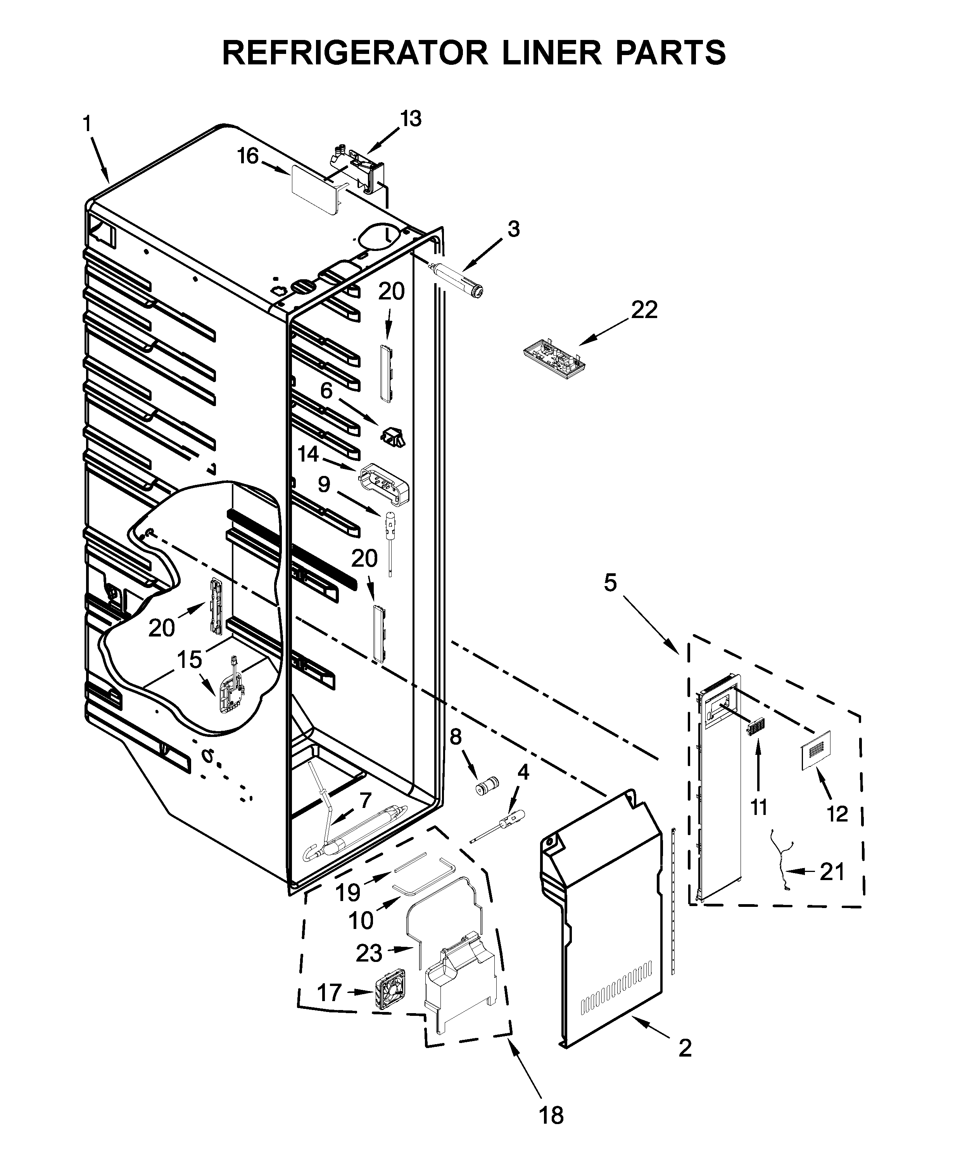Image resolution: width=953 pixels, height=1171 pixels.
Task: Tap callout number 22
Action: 644,311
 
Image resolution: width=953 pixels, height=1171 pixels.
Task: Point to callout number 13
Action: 411,119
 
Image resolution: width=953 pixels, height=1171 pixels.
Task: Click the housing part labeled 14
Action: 385,483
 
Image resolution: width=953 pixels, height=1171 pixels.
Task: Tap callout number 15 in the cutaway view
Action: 189,660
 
